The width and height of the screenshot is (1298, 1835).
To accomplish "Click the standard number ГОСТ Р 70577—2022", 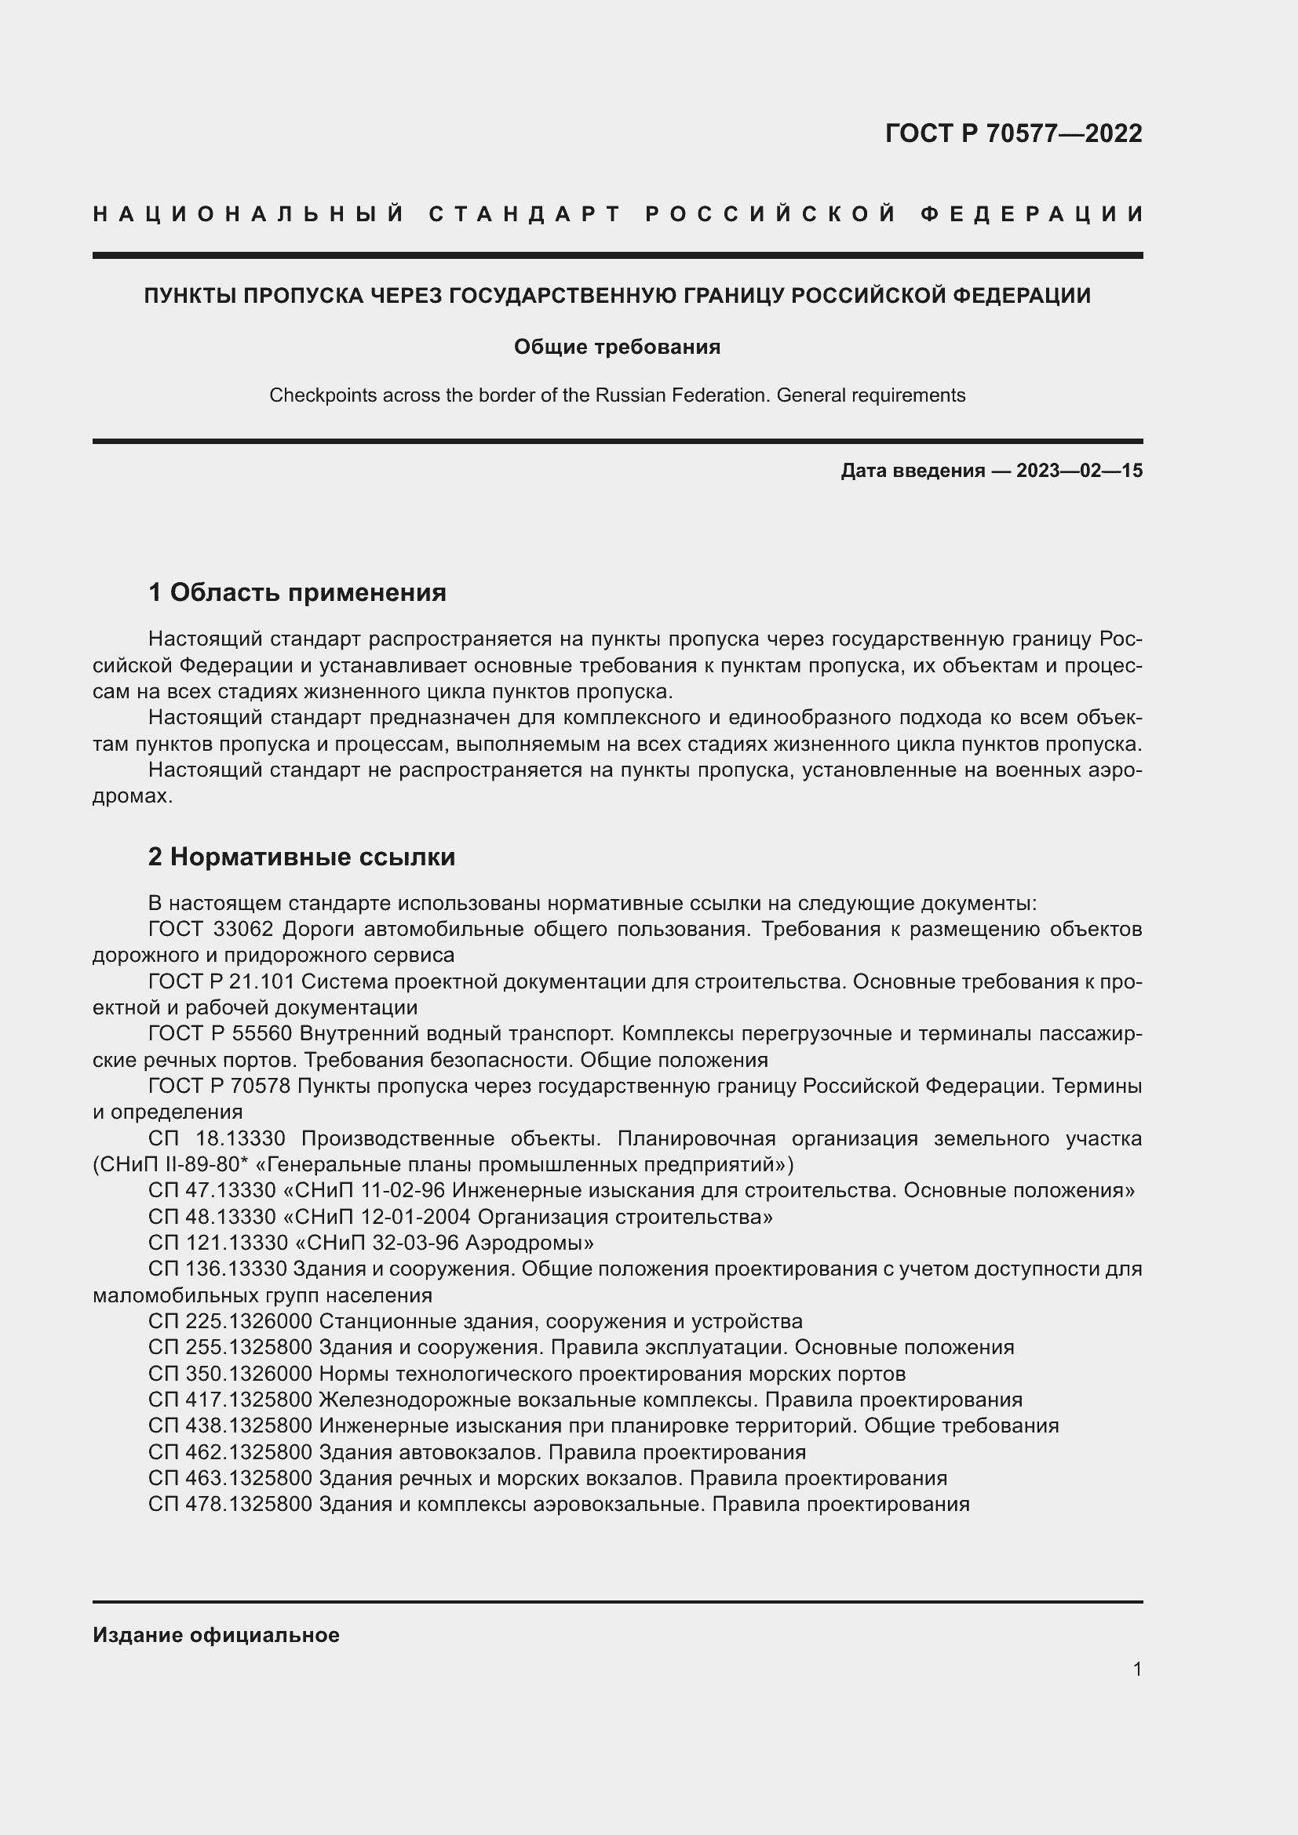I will pyautogui.click(x=1012, y=133).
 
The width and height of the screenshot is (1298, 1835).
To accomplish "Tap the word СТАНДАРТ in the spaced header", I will pyautogui.click(x=525, y=214).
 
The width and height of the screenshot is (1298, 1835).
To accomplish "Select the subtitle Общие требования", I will pyautogui.click(x=616, y=347).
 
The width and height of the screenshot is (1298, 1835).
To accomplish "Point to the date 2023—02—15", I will pyautogui.click(x=1079, y=471).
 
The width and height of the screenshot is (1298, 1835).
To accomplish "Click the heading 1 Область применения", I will pyautogui.click(x=297, y=592).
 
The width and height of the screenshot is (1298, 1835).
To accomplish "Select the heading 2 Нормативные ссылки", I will pyautogui.click(x=301, y=857).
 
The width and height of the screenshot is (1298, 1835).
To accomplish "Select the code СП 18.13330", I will pyautogui.click(x=212, y=1139).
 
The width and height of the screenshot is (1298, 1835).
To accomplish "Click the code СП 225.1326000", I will pyautogui.click(x=229, y=1321).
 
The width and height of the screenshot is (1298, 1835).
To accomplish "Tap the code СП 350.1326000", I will pyautogui.click(x=229, y=1374).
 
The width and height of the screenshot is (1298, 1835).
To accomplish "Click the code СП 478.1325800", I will pyautogui.click(x=229, y=1504).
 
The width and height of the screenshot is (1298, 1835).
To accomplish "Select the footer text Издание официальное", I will pyautogui.click(x=216, y=1635).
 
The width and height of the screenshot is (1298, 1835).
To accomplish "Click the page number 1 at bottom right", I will pyautogui.click(x=1136, y=1669).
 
